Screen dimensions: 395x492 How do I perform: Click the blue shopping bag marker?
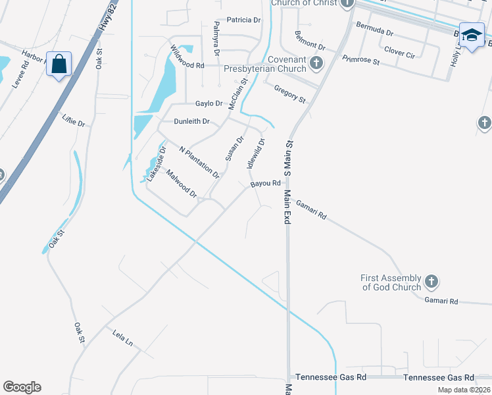59,65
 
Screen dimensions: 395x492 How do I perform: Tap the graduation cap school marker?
472,36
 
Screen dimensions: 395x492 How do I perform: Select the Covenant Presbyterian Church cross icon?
317,64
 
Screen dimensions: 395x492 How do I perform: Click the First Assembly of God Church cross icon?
431,282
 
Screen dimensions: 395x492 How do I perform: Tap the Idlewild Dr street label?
257,153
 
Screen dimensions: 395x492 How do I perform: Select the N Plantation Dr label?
199,162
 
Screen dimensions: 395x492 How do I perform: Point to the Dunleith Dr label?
191,122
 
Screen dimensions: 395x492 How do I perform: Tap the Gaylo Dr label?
209,103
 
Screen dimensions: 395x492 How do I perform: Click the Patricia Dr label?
243,20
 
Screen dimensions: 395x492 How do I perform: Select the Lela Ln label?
122,338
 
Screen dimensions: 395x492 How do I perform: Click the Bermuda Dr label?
374,31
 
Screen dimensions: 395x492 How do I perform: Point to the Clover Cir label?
399,51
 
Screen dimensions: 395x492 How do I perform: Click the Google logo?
22,387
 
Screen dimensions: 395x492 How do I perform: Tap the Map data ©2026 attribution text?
464,390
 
